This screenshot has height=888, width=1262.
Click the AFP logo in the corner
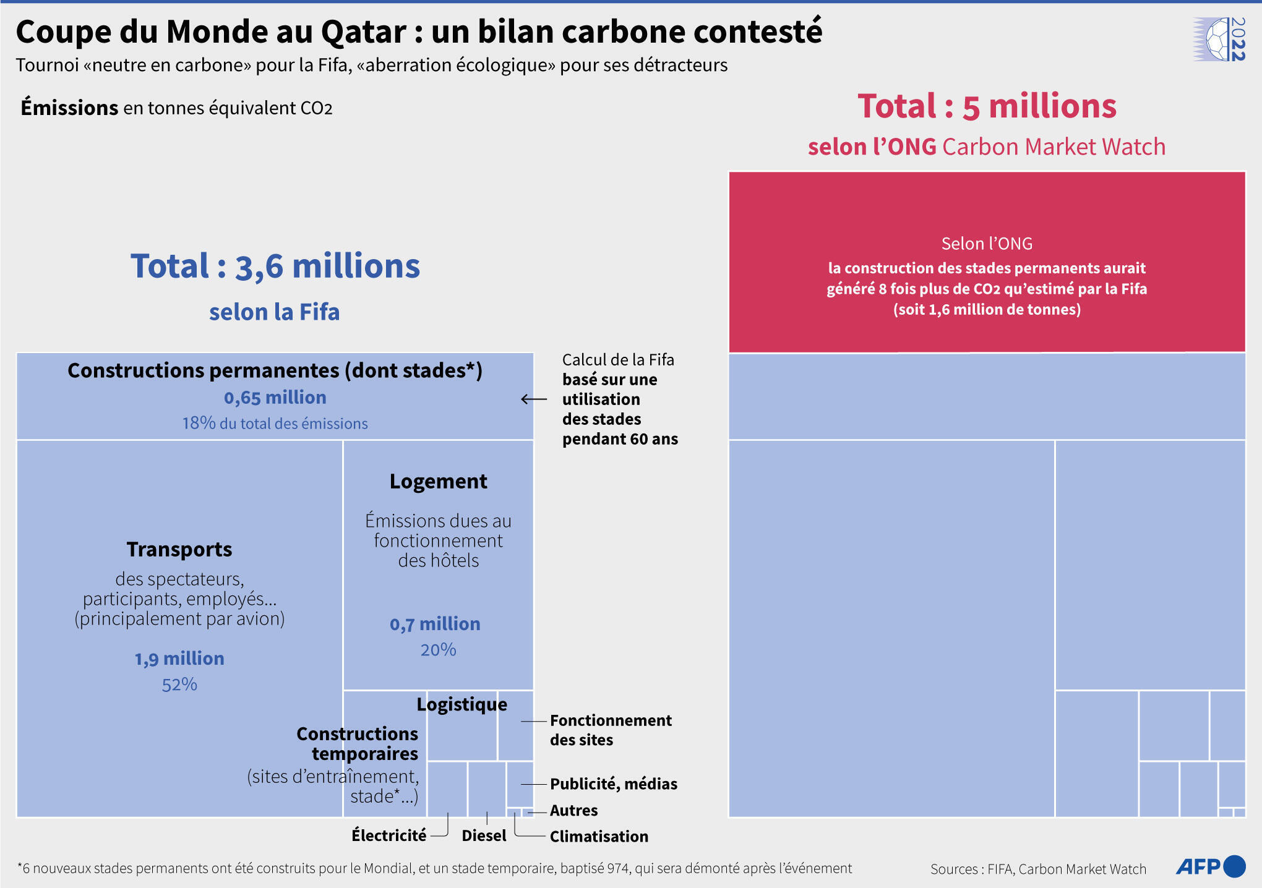click(1209, 866)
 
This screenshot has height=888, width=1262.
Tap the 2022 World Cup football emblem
click(1219, 39)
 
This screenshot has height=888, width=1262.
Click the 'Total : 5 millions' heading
click(987, 106)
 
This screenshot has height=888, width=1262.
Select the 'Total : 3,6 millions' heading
click(275, 267)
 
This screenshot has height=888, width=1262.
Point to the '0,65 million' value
click(275, 398)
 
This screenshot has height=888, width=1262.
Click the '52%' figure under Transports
click(179, 685)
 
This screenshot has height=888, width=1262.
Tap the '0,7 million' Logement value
click(435, 624)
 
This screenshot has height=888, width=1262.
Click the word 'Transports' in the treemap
click(179, 549)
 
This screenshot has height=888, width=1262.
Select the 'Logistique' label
click(461, 704)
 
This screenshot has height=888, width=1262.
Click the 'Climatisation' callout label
click(599, 837)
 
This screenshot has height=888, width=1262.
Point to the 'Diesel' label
click(484, 836)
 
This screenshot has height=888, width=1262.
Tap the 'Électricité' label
click(389, 836)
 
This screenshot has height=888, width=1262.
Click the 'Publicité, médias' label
click(613, 784)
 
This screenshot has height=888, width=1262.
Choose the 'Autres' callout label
click(573, 811)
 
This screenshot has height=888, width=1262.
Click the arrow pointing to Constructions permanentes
click(534, 399)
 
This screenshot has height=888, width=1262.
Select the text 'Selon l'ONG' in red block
click(987, 244)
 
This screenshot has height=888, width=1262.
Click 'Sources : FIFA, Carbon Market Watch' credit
click(1037, 869)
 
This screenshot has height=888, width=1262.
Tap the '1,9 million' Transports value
click(179, 659)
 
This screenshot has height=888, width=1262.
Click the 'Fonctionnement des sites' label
click(610, 730)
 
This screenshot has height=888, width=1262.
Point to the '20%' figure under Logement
click(438, 650)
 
